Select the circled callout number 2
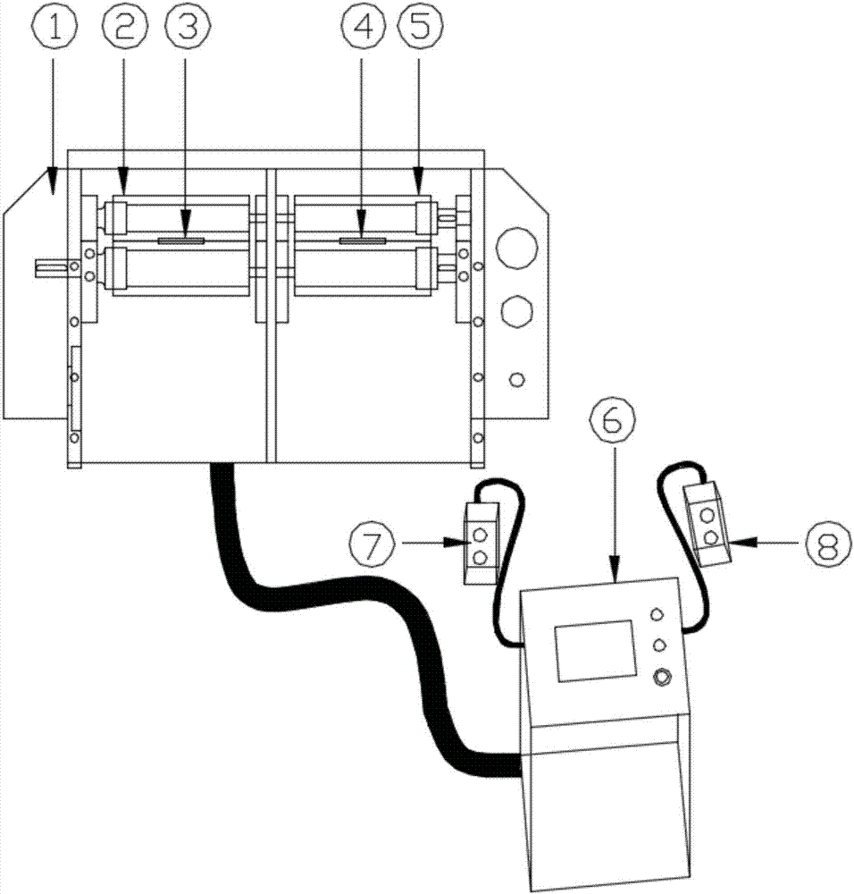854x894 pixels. point(125,28)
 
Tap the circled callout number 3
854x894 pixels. point(188,28)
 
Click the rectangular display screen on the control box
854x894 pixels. point(595,651)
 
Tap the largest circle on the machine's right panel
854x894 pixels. point(516,248)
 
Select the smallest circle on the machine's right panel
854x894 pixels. point(516,379)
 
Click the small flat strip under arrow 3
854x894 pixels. point(180,240)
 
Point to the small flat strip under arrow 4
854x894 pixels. point(363,240)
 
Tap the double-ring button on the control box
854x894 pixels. point(661,678)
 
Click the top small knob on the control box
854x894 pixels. point(657,614)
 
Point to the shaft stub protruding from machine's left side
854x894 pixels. point(51,267)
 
